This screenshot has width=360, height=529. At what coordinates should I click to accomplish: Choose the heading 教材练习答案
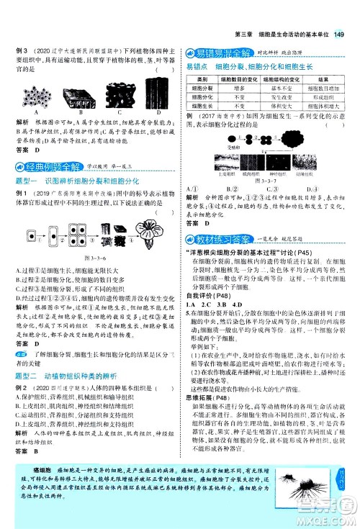pyautogui.click(x=219, y=220)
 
